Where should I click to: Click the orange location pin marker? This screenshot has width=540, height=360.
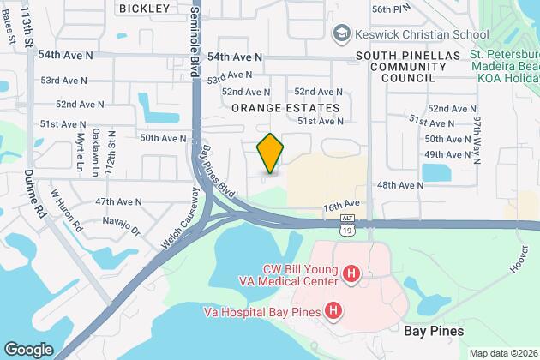[x=270, y=153]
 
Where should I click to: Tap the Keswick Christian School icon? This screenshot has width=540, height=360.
[x=340, y=33]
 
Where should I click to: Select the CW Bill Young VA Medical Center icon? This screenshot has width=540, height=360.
[x=350, y=274]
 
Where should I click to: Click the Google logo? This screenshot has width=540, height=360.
[x=27, y=349]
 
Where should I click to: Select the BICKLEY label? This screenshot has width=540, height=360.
[x=144, y=8]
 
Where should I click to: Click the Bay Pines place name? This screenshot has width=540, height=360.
[x=434, y=331]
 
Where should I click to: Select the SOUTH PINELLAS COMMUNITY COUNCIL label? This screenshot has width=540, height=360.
[x=397, y=66]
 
